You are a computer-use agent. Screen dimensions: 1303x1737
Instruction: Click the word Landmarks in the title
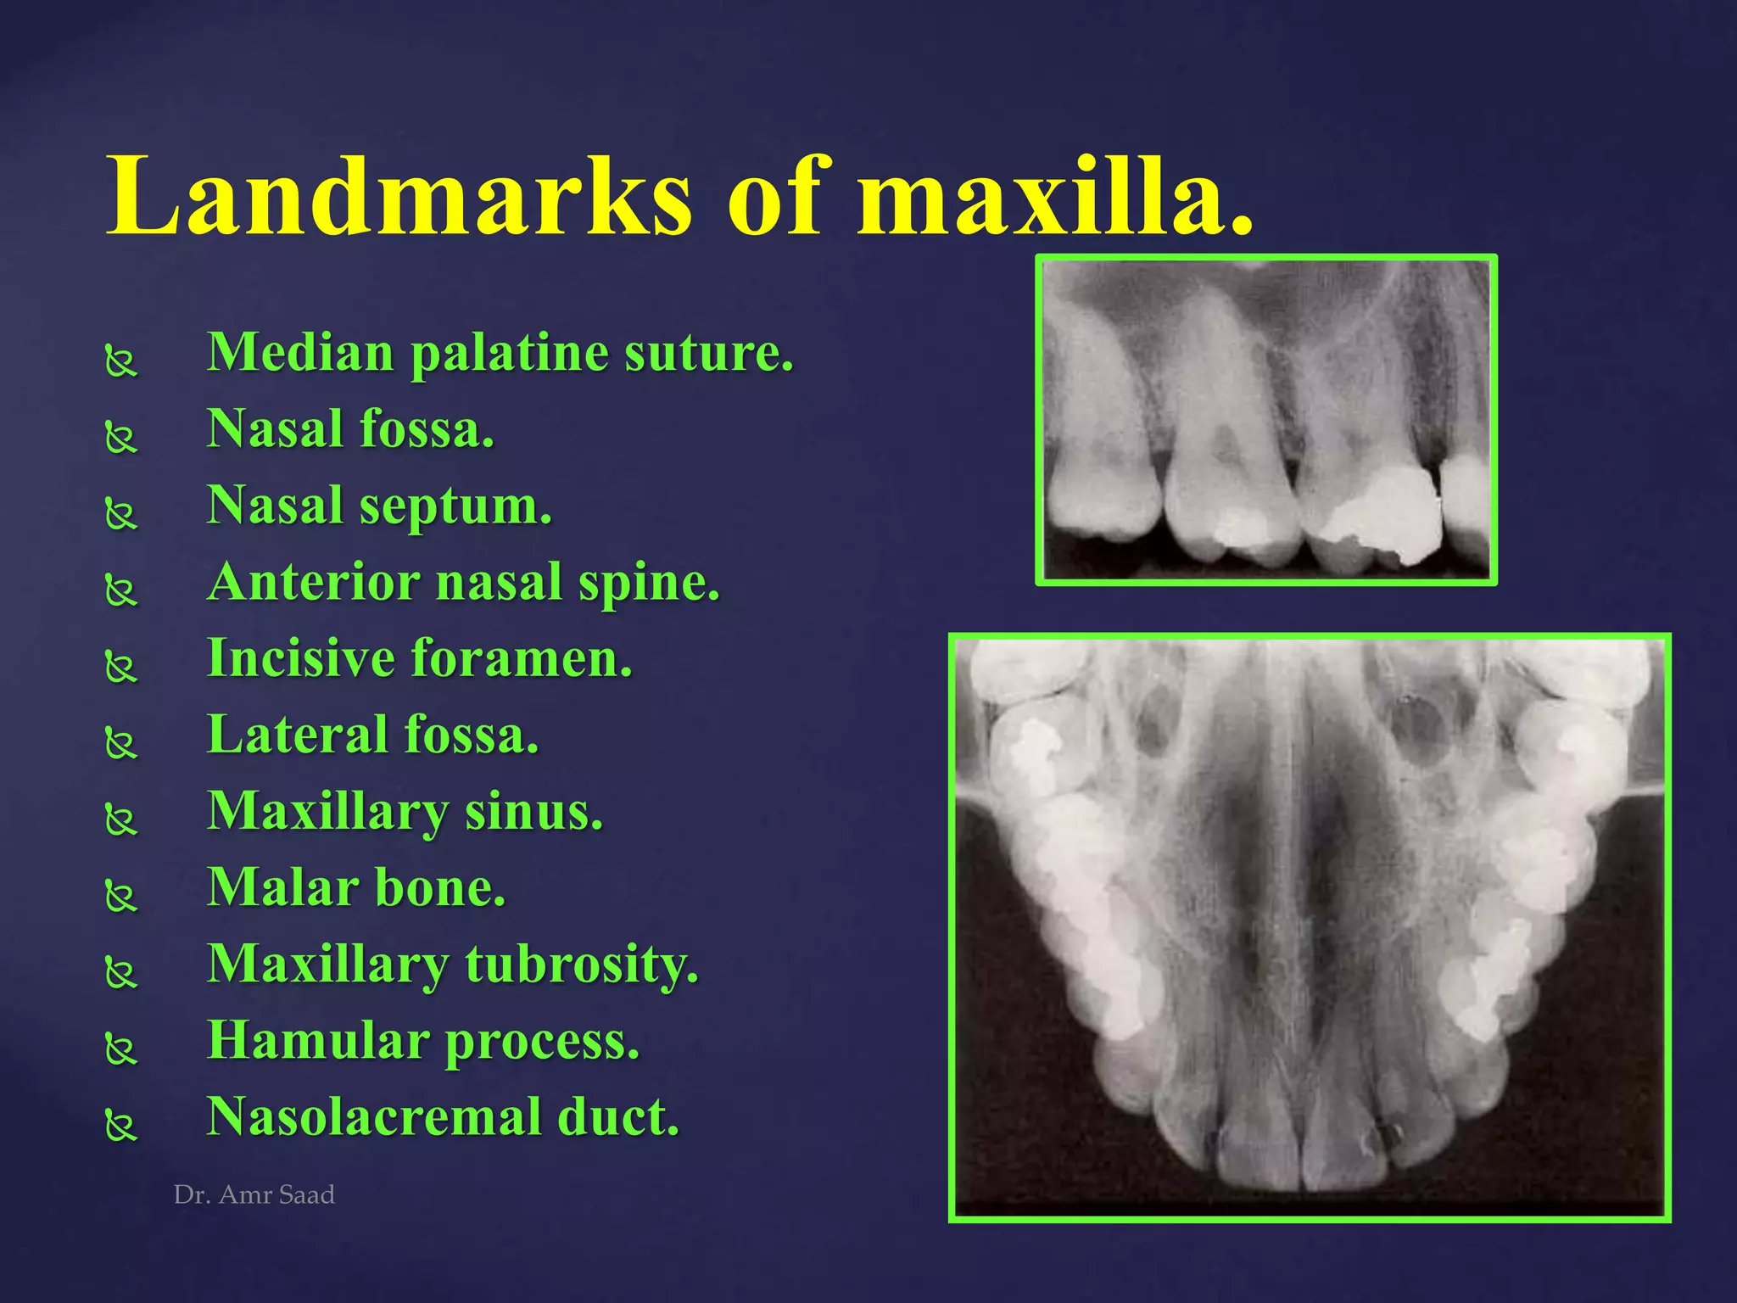399,197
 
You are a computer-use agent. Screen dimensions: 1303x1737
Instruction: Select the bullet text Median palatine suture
500,352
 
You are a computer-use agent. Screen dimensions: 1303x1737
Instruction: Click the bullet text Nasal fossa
350,428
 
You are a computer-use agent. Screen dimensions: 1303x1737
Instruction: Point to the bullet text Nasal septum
379,506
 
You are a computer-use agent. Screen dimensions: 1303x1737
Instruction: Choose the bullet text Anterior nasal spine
463,582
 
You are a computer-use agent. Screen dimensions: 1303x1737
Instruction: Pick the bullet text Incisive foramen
420,658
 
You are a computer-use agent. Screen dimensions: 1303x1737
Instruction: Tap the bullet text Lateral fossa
373,735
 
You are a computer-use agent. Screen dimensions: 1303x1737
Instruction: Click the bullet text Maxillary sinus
405,812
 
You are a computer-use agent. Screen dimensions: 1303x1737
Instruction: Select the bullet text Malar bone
356,888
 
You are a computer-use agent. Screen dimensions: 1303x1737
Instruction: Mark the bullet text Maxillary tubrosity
453,965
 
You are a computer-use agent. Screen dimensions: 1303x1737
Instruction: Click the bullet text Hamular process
423,1041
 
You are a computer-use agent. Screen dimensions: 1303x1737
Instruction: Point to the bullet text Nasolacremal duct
443,1117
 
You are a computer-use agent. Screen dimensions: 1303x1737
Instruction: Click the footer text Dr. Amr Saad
254,1194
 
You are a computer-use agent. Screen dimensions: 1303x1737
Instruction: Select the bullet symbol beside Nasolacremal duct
121,1126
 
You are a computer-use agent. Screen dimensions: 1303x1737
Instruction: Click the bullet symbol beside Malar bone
121,897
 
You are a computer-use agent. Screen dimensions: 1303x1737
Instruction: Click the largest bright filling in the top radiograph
1382,513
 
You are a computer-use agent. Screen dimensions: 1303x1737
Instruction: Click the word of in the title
774,197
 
